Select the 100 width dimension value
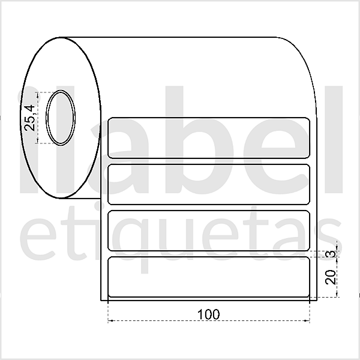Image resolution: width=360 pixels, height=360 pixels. [x=208, y=314]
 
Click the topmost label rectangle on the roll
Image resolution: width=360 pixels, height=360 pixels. [x=208, y=137]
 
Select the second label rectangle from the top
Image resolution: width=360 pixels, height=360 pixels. [x=208, y=183]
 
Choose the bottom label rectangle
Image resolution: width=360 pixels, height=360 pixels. [x=208, y=276]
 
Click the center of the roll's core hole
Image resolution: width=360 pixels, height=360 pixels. [x=60, y=118]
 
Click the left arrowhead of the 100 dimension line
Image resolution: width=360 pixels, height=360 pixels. [x=109, y=321]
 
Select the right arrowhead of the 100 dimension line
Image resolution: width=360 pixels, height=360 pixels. [x=308, y=321]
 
